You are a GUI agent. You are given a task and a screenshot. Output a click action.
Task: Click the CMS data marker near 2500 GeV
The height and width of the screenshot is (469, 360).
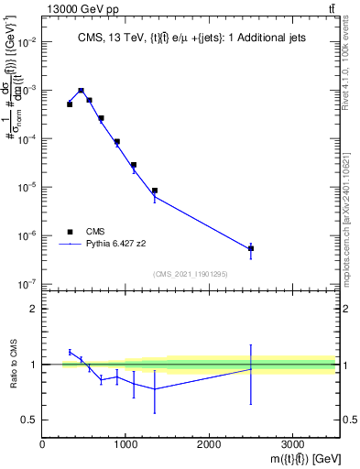pos(251,248)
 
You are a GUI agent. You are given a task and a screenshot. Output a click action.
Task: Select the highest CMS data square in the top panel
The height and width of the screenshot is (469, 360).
pos(82,91)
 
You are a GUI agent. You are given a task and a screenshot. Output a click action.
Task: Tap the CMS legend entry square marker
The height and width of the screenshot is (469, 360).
pos(70,233)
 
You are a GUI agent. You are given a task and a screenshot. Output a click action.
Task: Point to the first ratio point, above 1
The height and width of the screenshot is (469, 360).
pos(70,352)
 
